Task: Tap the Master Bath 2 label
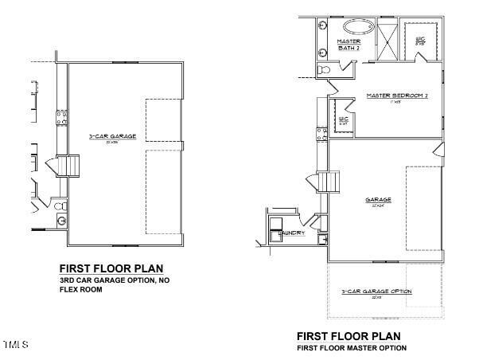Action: click(x=349, y=45)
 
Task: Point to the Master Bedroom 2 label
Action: click(x=397, y=96)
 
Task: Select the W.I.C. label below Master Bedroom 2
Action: click(x=344, y=119)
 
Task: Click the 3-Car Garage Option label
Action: click(x=376, y=292)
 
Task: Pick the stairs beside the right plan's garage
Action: click(x=329, y=182)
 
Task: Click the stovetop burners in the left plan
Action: click(x=60, y=119)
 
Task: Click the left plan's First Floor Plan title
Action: click(x=111, y=268)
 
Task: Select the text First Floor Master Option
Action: click(x=351, y=348)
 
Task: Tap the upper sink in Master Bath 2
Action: click(x=323, y=26)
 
